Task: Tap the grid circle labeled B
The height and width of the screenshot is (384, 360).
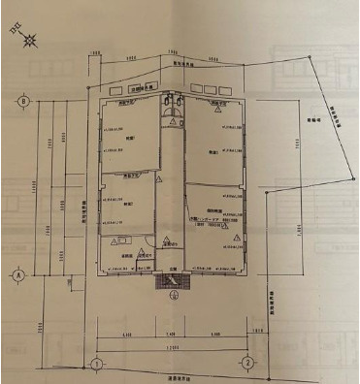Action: tap(20, 101)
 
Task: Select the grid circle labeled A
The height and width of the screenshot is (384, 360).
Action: tap(18, 274)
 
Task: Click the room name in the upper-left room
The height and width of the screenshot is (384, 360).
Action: tap(129, 139)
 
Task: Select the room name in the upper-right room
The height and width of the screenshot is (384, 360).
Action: tap(211, 152)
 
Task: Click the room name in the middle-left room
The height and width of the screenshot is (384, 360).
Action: tap(129, 204)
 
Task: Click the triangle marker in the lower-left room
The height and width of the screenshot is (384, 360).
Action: tap(116, 242)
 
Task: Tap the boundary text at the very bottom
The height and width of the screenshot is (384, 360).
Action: tap(174, 376)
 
